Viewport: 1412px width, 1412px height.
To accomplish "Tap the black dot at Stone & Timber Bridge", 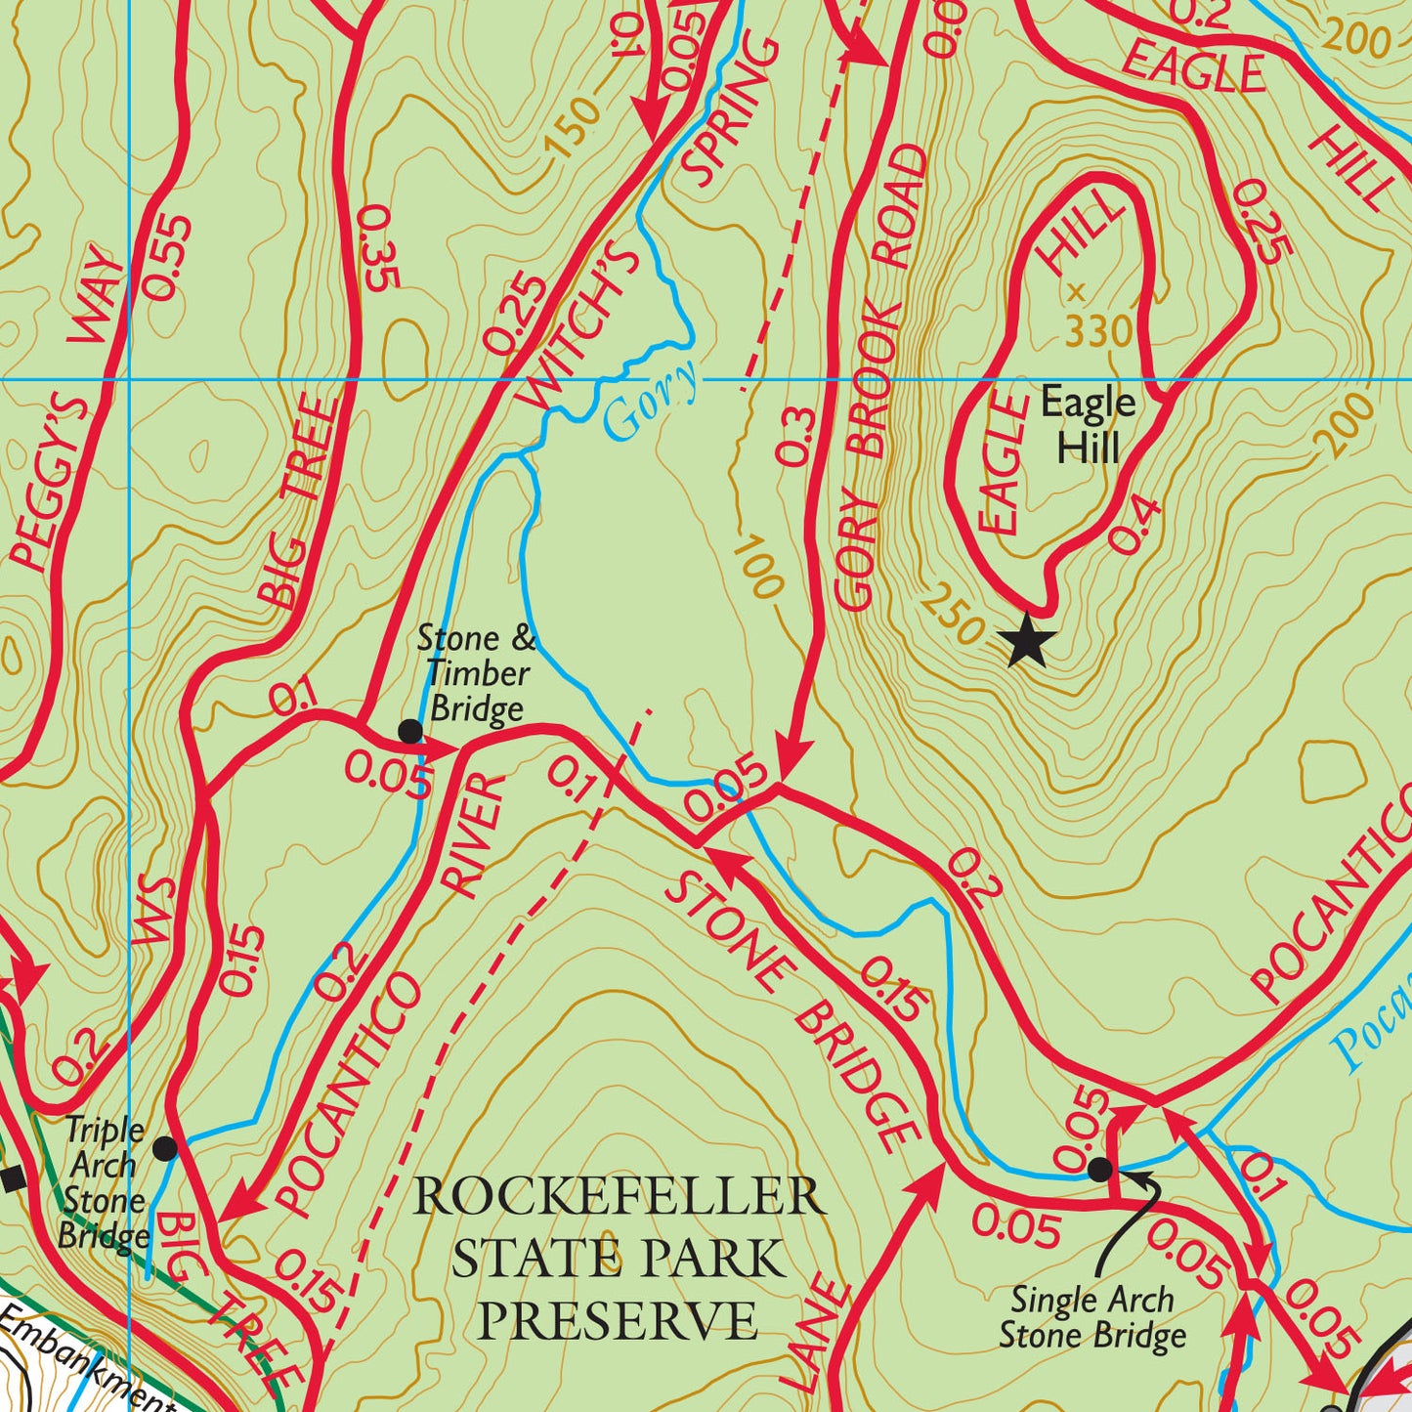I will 410,731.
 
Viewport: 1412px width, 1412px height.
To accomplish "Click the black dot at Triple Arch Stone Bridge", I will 166,1148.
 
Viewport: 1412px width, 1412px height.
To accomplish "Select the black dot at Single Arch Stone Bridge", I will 1100,1169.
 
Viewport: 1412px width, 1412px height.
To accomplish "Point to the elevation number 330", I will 1098,333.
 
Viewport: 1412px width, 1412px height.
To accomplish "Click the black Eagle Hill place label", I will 1088,425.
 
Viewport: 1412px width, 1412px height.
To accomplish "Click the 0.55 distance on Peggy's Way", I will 168,257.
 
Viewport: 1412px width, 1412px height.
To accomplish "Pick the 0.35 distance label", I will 380,248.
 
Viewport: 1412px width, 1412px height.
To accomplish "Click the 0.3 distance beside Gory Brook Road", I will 795,436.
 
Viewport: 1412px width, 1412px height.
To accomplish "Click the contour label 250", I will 952,614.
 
